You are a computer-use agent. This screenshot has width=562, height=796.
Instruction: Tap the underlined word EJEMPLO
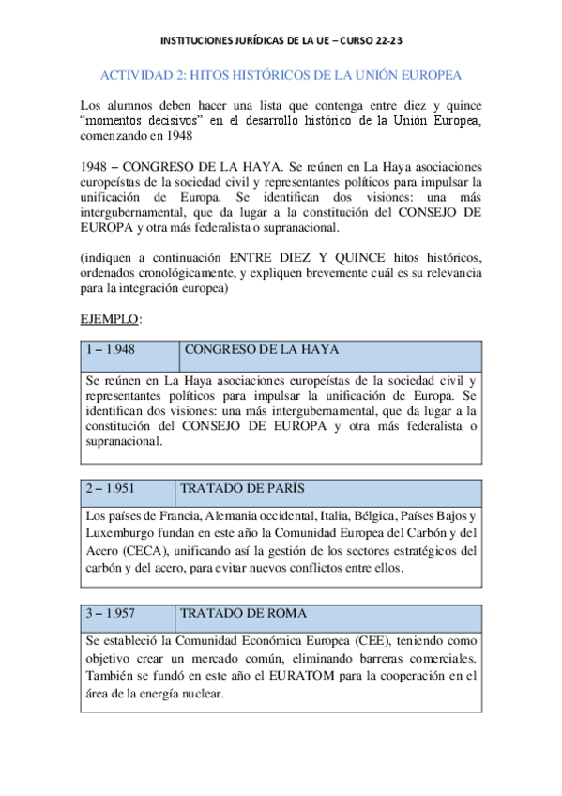(110, 319)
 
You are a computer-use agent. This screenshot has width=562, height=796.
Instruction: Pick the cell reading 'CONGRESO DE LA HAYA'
(262, 349)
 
